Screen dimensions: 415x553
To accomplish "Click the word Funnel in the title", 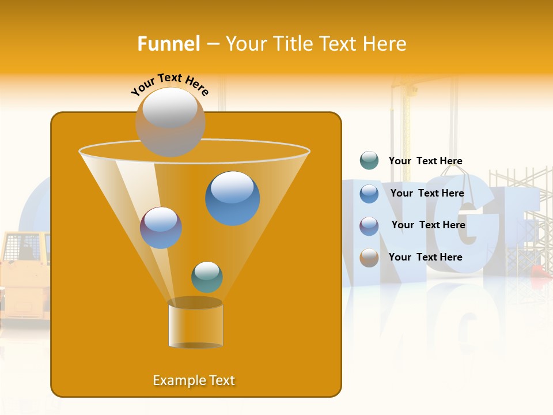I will (168, 44).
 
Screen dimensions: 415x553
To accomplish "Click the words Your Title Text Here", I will (316, 44).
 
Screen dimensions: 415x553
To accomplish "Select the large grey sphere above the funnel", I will (170, 122).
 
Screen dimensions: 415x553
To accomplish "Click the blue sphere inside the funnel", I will (232, 198).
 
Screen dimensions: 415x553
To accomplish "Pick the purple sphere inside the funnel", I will (161, 228).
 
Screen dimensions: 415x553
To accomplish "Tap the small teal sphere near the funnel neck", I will (207, 277).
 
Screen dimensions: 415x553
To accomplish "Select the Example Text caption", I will (194, 380).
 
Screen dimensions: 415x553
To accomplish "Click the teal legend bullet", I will (369, 161).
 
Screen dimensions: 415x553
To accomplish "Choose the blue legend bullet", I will (369, 194).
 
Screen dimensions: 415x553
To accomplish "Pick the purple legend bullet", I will (369, 226).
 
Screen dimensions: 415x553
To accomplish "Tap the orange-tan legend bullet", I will (369, 258).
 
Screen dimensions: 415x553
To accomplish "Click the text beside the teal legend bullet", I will (425, 161).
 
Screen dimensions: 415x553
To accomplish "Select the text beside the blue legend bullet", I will (427, 193).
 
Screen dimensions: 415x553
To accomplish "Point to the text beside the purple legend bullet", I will (428, 225).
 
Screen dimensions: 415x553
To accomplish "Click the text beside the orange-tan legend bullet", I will (425, 257).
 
